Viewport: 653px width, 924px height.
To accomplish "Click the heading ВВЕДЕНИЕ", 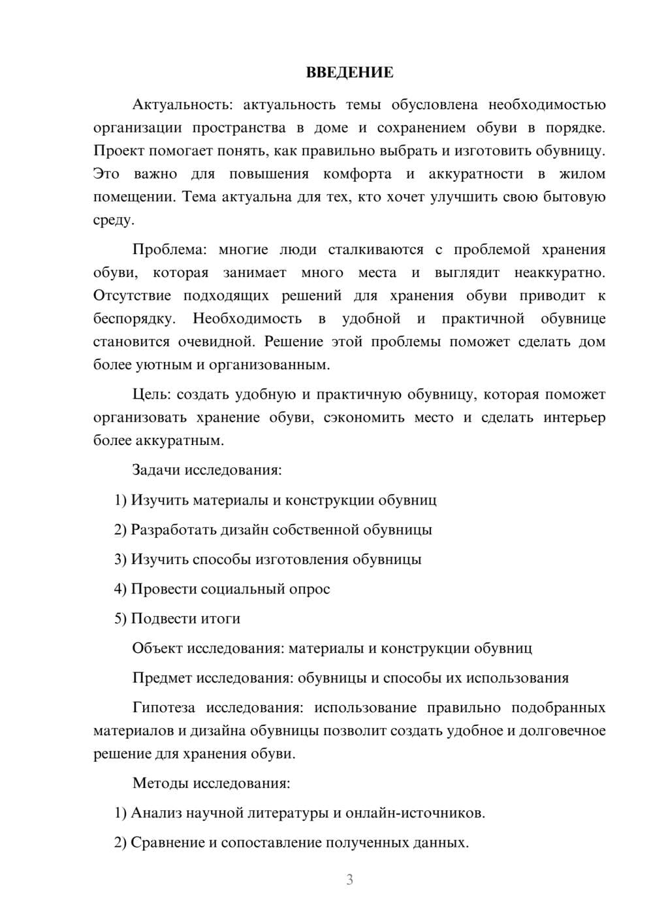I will [x=349, y=73].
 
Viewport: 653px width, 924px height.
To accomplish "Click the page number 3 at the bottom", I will [x=349, y=880].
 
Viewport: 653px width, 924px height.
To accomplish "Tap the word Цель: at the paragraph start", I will [x=151, y=394].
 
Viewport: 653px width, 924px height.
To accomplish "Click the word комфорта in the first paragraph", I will [x=357, y=174].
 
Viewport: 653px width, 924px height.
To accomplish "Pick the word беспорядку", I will [x=135, y=319].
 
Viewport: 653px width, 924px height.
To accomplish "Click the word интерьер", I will [x=575, y=418].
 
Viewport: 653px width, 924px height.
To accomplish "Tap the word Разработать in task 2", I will [x=173, y=530].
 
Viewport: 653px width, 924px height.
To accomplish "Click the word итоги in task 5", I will [x=221, y=619].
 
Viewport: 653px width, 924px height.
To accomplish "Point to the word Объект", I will [x=157, y=648].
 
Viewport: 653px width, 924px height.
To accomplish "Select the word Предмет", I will [x=162, y=678].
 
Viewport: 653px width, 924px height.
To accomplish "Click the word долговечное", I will [x=562, y=731].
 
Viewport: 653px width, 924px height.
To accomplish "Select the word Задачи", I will [x=157, y=470].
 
